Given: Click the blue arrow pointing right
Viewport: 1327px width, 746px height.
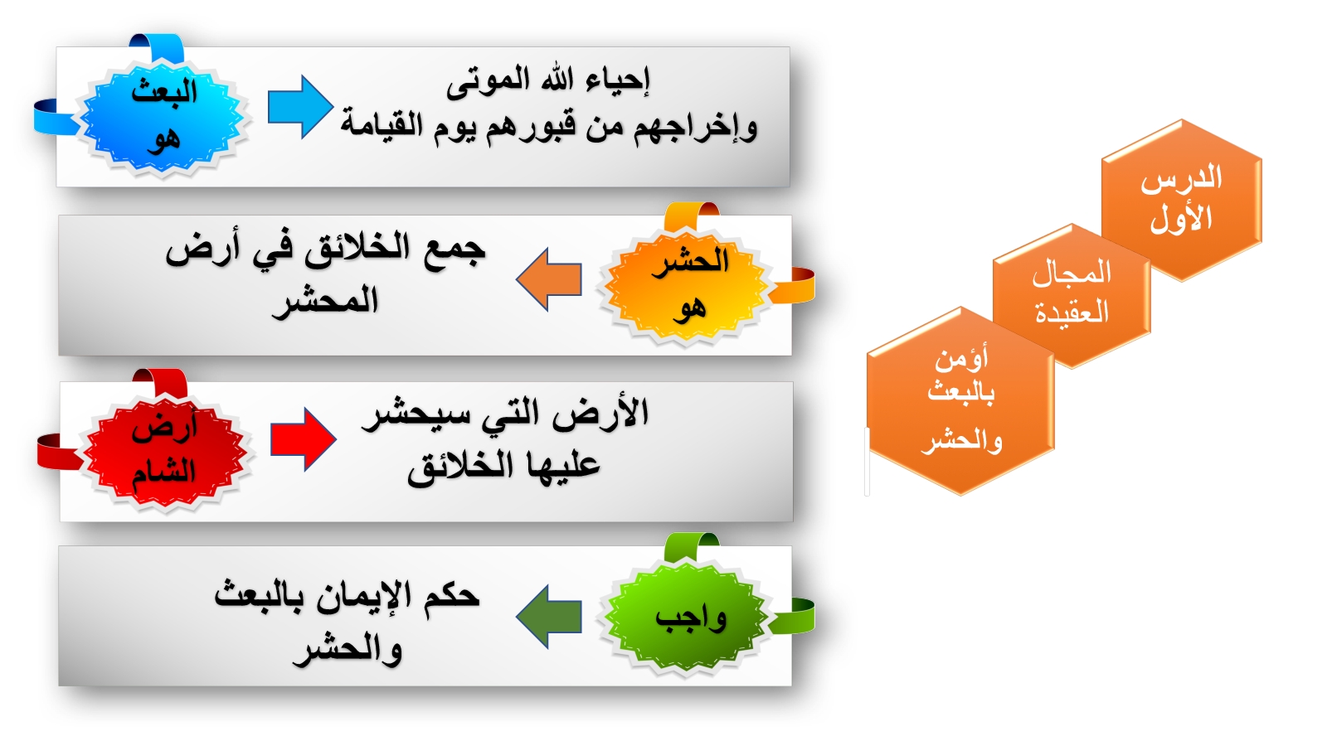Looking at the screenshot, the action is pyautogui.click(x=300, y=107).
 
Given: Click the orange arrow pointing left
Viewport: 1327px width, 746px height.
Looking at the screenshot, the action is pyautogui.click(x=548, y=279).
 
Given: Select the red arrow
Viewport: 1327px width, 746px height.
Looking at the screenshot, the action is pyautogui.click(x=304, y=439).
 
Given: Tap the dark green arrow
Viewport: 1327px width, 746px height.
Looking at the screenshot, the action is pyautogui.click(x=548, y=617).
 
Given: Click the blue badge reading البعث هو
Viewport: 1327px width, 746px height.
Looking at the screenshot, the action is pyautogui.click(x=163, y=115).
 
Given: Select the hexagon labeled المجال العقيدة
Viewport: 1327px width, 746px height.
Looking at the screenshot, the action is pyautogui.click(x=1072, y=295).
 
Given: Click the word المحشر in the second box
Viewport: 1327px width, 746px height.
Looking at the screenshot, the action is pyautogui.click(x=325, y=300).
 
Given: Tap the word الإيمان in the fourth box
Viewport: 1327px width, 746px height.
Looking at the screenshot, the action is pyautogui.click(x=362, y=597).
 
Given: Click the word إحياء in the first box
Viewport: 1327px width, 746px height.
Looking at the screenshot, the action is pyautogui.click(x=619, y=80).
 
